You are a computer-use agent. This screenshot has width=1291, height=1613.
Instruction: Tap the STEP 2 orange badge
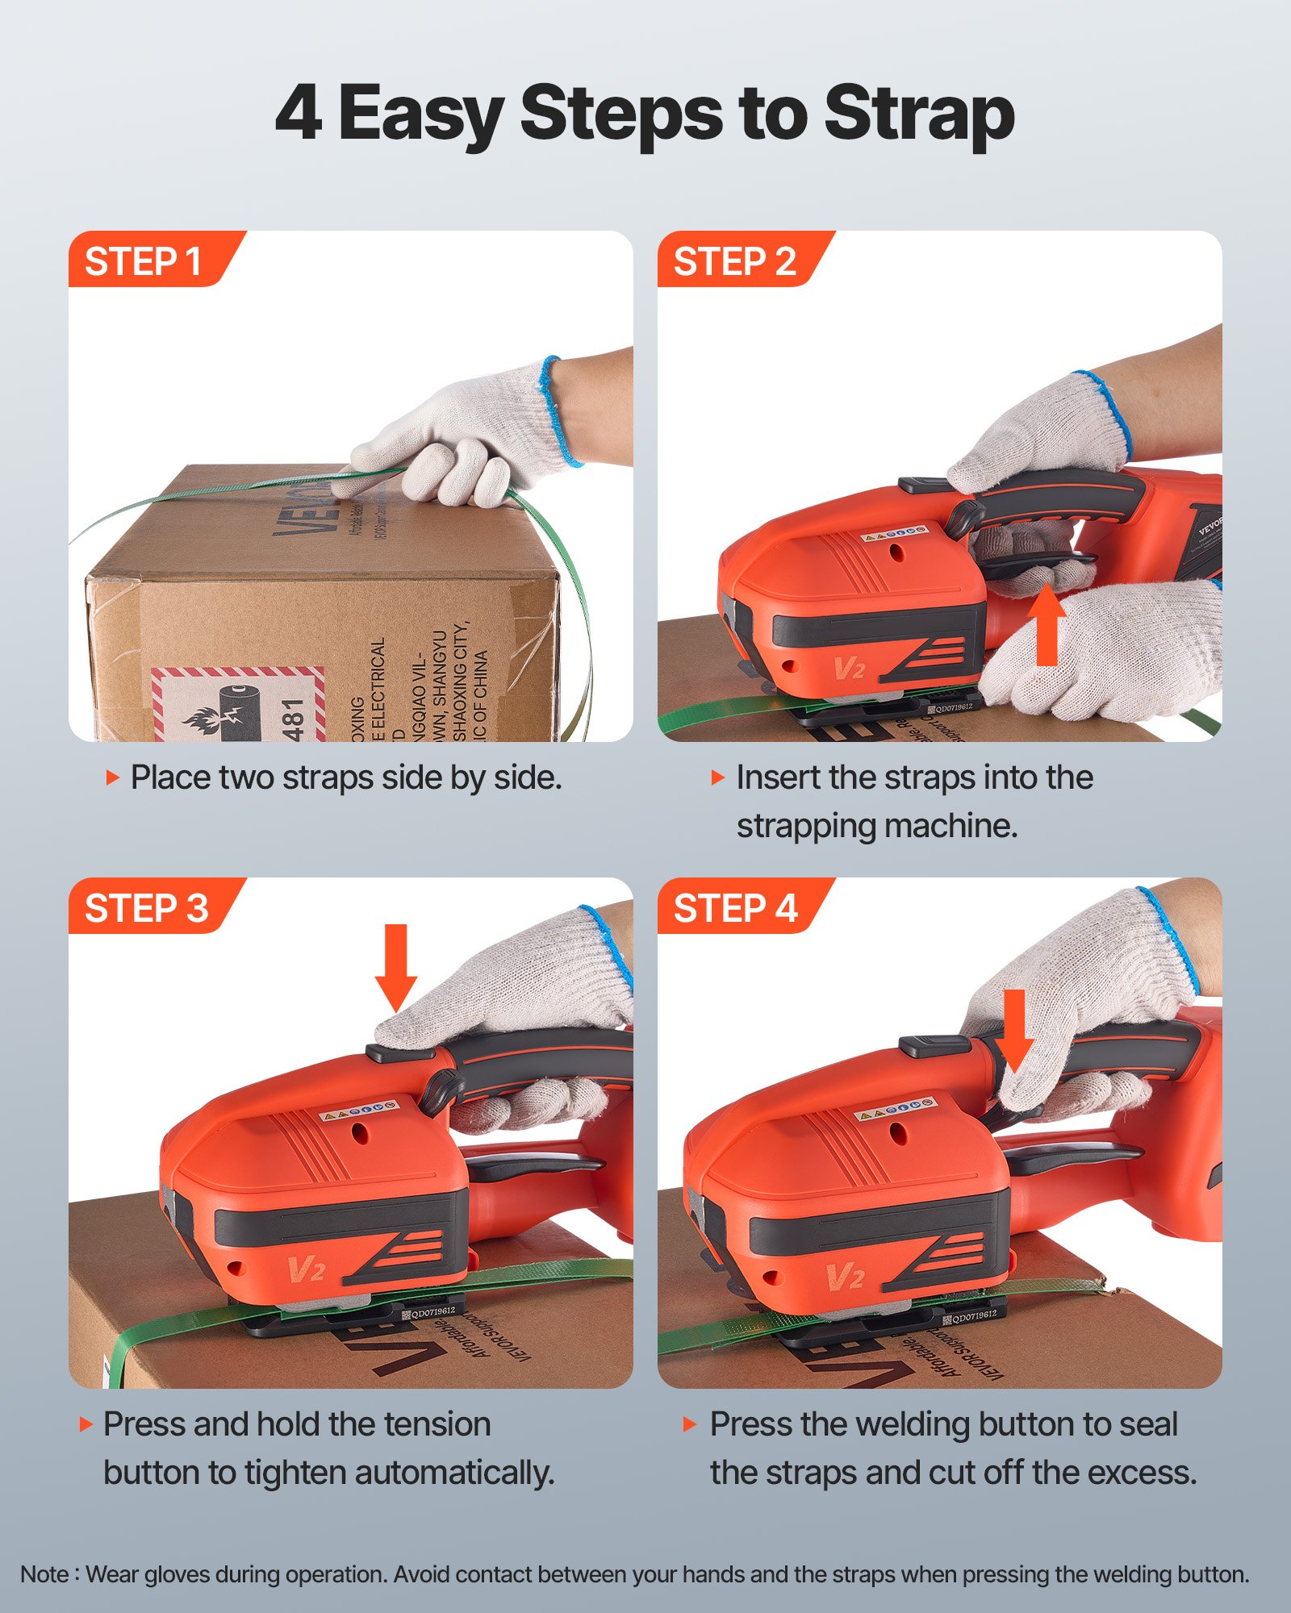[734, 261]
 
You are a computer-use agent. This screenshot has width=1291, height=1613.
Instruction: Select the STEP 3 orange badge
[146, 908]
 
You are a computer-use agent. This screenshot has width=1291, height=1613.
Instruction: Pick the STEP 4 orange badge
[735, 908]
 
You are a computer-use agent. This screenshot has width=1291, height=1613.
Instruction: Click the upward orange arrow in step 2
[1047, 625]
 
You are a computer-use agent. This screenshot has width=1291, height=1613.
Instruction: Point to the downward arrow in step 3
[396, 966]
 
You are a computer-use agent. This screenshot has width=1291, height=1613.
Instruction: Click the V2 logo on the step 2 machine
[849, 668]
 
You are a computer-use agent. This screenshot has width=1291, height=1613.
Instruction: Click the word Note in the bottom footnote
[44, 1573]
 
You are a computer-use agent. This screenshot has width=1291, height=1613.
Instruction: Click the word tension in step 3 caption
[437, 1424]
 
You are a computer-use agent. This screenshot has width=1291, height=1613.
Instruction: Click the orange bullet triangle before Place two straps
[112, 777]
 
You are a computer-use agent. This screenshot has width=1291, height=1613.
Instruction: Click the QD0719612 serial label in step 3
[432, 1311]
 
